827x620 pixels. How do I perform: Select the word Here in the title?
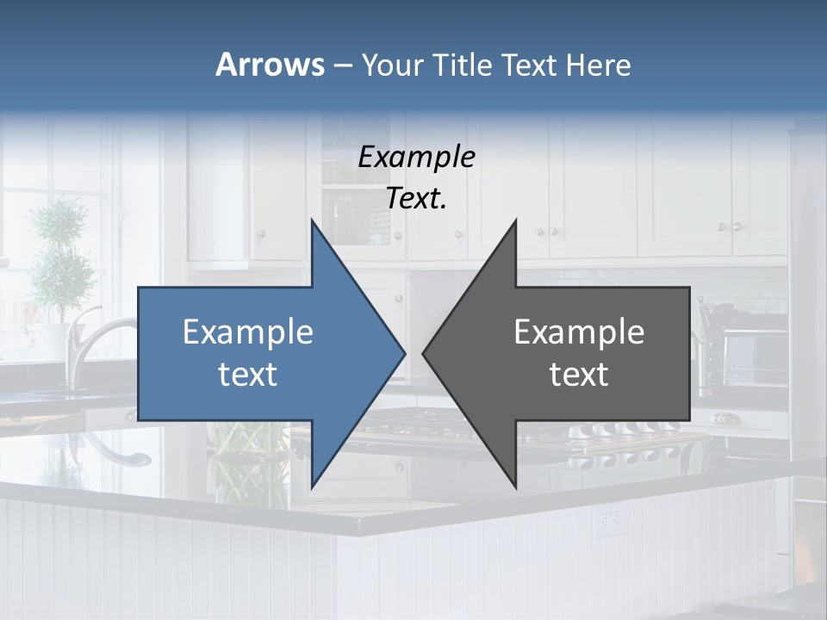tap(600, 65)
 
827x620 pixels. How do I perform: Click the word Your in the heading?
tap(391, 65)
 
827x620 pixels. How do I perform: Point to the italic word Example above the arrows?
tap(416, 157)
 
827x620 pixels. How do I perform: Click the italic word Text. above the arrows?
tap(416, 198)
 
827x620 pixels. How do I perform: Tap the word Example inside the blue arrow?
tap(248, 332)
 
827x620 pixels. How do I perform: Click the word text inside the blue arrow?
tap(248, 375)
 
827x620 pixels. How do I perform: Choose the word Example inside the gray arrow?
tap(579, 332)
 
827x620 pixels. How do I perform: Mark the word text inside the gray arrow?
tap(579, 375)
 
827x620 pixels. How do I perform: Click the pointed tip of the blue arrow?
tap(403, 353)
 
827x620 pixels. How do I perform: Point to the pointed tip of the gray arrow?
tap(425, 353)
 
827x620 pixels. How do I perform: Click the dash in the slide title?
tap(342, 65)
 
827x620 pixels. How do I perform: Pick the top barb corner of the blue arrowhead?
tap(312, 220)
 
